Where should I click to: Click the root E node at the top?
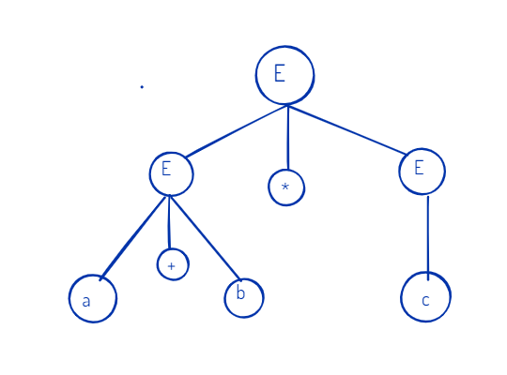click(x=284, y=75)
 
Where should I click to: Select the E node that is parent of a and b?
click(x=172, y=173)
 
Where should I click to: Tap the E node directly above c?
click(x=422, y=172)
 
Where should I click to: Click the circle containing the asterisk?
click(x=286, y=187)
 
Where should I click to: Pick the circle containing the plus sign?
click(x=173, y=264)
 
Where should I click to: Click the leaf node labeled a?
click(x=93, y=298)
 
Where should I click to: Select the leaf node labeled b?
click(x=244, y=298)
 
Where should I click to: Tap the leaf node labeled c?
click(x=425, y=297)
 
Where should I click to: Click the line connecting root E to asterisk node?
click(x=288, y=138)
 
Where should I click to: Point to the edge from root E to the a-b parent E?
click(x=236, y=131)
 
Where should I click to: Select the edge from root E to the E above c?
click(x=347, y=130)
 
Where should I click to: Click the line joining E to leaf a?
click(x=133, y=238)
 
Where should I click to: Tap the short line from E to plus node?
click(x=168, y=222)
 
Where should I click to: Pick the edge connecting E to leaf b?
click(x=206, y=237)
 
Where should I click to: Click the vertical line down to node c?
click(x=428, y=238)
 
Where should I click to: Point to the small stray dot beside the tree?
click(x=142, y=87)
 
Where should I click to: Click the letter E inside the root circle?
click(x=280, y=73)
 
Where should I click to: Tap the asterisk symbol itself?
click(x=284, y=187)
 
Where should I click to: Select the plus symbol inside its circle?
click(x=172, y=266)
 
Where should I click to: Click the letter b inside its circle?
click(x=240, y=292)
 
